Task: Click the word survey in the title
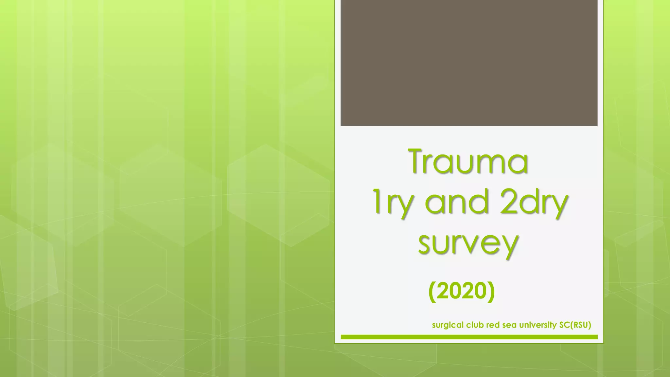click(468, 244)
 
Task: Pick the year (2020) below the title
click(462, 291)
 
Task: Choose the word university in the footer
click(538, 325)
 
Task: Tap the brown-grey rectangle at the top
click(469, 63)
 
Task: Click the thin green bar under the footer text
click(469, 337)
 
